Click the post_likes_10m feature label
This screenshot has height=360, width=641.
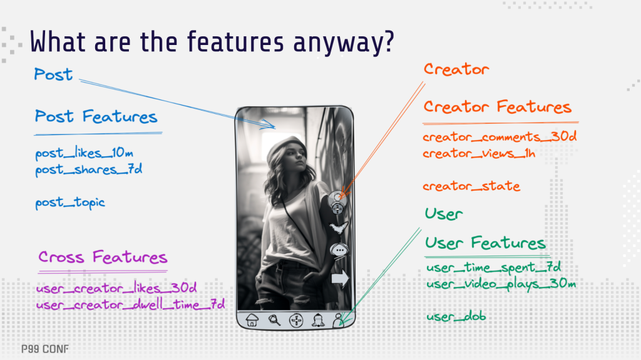(84, 154)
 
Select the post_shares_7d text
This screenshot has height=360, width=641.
(88, 170)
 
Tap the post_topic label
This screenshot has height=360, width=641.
(70, 202)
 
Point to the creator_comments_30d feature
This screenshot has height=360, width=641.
(500, 136)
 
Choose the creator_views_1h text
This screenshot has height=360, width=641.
(479, 153)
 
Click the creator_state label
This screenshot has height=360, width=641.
(471, 186)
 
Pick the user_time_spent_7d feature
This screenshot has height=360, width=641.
(493, 267)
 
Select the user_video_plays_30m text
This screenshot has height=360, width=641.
(501, 284)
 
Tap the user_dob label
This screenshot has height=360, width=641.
(456, 316)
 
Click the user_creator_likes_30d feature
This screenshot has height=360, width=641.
(116, 288)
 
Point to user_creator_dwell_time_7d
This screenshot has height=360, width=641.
(130, 304)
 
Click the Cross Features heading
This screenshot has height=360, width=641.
(103, 257)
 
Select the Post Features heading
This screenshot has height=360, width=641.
(96, 117)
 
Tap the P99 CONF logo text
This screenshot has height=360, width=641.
(45, 349)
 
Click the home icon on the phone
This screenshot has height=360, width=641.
(252, 320)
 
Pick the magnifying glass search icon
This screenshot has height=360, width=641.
(274, 320)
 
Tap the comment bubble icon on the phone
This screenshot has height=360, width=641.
(339, 251)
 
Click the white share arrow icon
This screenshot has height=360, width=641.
(340, 279)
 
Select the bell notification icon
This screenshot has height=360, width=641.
(318, 321)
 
